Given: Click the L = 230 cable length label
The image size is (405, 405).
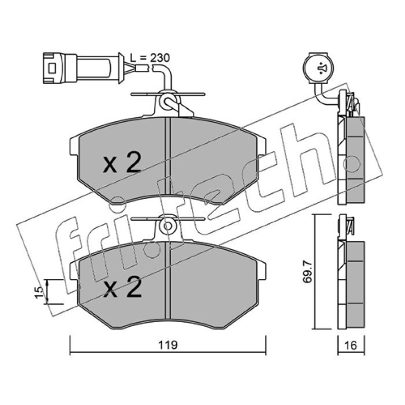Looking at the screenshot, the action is click(150, 58).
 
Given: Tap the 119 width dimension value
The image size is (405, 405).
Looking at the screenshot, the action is click(168, 345).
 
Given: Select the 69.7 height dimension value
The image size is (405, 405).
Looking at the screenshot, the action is click(308, 272).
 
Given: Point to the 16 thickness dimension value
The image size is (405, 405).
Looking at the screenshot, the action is click(351, 345).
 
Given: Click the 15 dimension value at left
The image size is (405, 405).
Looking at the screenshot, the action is click(39, 293).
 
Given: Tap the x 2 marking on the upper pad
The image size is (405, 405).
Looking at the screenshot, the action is click(122, 163).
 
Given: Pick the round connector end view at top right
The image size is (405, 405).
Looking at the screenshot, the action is click(318, 68).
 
